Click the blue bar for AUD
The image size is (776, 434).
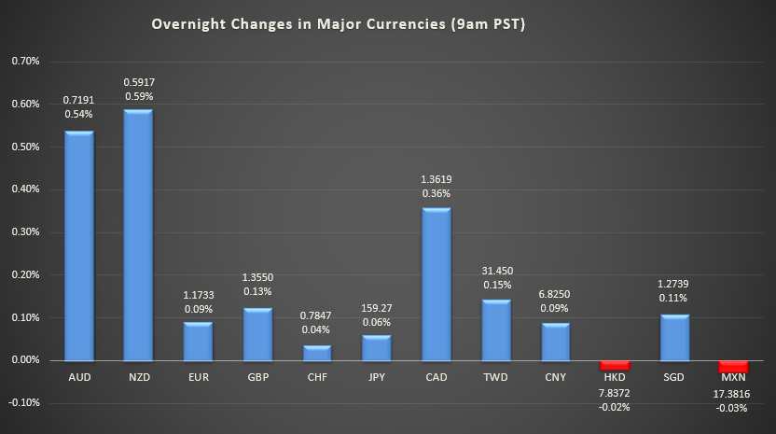78,245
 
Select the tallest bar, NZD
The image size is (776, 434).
138,235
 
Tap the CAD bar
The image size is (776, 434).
436,284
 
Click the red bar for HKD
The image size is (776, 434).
616,365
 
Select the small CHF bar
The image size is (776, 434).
317,353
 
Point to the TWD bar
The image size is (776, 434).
496,329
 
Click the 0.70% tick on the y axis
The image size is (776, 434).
25,62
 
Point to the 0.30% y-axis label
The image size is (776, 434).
25,232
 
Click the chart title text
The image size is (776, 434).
339,25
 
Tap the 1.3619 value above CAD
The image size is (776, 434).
436,178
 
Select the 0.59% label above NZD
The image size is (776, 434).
138,96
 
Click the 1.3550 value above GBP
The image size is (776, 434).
257,277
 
